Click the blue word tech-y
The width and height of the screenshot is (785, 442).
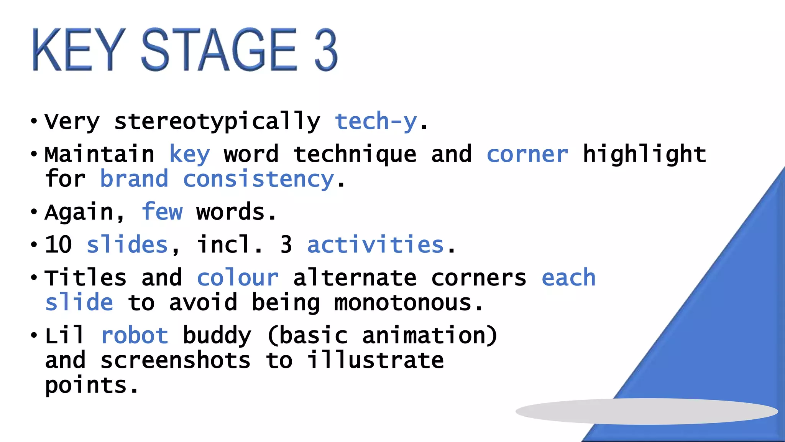pos(376,122)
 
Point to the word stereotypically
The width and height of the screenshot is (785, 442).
pos(217,122)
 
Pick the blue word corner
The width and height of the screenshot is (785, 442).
pos(527,154)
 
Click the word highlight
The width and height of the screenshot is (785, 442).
pos(644,154)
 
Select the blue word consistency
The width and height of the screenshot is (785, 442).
pos(259,179)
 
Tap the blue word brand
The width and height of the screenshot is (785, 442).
pos(134,179)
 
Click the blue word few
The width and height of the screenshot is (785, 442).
pos(162,212)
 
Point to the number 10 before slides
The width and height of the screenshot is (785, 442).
pos(58,244)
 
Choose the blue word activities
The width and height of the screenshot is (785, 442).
pos(376,244)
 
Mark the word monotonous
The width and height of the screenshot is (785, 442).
pos(402,303)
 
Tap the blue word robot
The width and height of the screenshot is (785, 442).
pos(134,335)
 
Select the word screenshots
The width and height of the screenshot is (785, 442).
pos(176,360)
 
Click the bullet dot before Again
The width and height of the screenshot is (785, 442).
pos(34,212)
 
